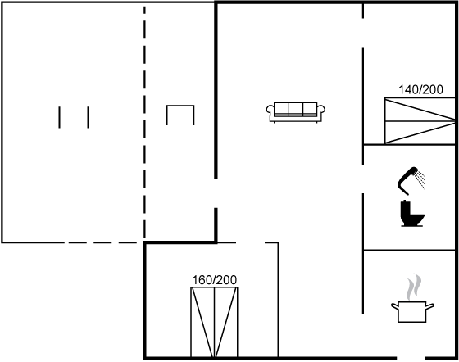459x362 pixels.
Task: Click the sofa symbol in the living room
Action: (x=295, y=112)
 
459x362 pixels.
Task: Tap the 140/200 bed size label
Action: (x=420, y=89)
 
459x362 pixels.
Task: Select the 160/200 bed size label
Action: (x=214, y=280)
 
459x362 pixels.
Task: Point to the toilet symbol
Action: (x=411, y=213)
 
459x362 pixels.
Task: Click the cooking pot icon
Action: (x=412, y=312)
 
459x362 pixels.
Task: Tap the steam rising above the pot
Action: (x=414, y=287)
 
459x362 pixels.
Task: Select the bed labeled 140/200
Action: (x=420, y=120)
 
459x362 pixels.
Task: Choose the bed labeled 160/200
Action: (x=214, y=322)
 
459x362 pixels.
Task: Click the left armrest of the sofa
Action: (x=270, y=112)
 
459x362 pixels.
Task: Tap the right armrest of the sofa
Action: (x=321, y=112)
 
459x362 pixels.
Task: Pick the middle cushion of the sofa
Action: (x=296, y=109)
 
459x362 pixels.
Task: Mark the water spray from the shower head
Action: (x=421, y=181)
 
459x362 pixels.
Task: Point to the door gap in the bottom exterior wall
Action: (x=411, y=358)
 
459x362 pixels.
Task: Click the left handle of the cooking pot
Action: (x=395, y=306)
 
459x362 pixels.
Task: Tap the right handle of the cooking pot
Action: (x=430, y=306)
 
